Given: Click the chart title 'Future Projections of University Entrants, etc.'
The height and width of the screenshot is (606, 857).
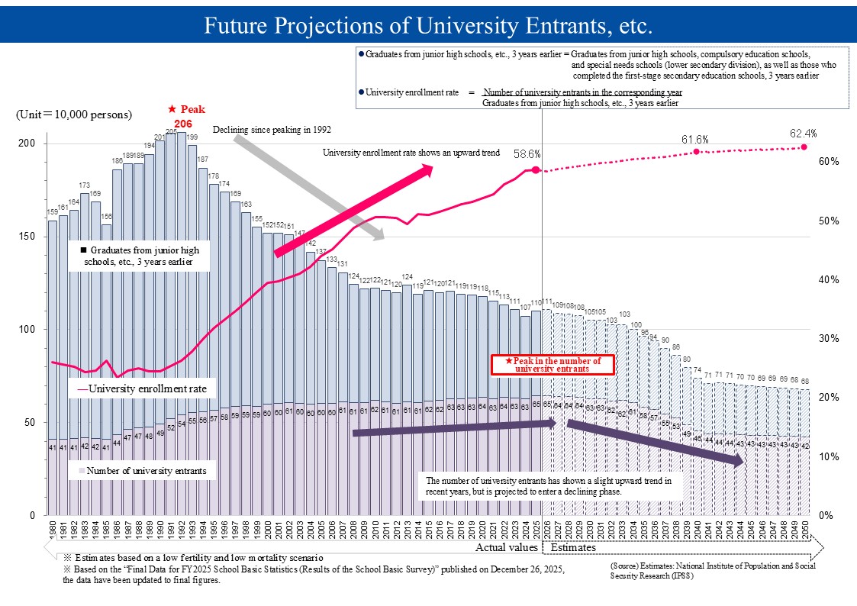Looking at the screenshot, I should (x=428, y=26).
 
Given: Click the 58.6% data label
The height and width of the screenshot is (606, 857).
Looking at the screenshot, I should (x=527, y=153).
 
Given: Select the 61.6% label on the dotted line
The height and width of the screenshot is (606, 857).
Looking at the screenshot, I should (x=695, y=139).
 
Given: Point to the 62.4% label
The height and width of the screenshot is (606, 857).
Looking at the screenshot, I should (x=804, y=134).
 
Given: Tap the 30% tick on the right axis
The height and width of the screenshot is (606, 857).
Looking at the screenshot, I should (x=829, y=339).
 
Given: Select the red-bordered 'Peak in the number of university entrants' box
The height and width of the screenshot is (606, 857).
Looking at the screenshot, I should (x=553, y=364).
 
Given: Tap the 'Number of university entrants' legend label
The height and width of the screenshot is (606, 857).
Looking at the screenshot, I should (x=146, y=471).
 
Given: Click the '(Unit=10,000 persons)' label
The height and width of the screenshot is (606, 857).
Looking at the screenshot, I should (x=74, y=114).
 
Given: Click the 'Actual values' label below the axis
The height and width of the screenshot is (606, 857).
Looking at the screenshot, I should (x=506, y=548).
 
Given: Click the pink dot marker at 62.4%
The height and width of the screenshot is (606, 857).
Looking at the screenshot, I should (x=804, y=147).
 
